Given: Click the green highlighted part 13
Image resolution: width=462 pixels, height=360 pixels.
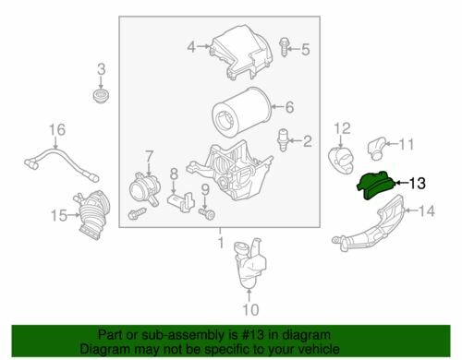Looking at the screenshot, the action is (375, 185).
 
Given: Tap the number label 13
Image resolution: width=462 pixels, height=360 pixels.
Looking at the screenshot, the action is (417, 184).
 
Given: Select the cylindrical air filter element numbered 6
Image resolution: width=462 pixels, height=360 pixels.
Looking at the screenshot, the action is (241, 113).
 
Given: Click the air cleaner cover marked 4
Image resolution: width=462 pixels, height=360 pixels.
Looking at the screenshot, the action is (242, 53).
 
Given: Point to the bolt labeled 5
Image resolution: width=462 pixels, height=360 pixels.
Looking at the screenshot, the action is (284, 47).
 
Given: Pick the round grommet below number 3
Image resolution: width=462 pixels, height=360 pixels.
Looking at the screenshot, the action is (101, 96).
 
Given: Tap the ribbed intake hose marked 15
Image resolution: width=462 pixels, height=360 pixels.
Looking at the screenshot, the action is (92, 214).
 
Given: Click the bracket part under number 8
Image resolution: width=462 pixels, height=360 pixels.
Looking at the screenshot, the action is (181, 202).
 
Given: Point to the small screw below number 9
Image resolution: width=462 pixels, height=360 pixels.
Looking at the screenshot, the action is (206, 214).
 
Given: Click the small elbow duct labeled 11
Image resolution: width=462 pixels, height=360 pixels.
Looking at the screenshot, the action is (376, 149).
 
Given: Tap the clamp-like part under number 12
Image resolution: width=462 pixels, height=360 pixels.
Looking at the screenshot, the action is (340, 160).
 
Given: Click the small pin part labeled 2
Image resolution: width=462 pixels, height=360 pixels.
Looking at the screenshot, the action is (283, 140).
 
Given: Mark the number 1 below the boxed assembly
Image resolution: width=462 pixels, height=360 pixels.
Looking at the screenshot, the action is (221, 243).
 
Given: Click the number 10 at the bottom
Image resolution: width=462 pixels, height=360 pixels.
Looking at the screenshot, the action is (250, 310).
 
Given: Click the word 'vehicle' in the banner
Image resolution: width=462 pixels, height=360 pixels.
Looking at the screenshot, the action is (319, 349).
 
